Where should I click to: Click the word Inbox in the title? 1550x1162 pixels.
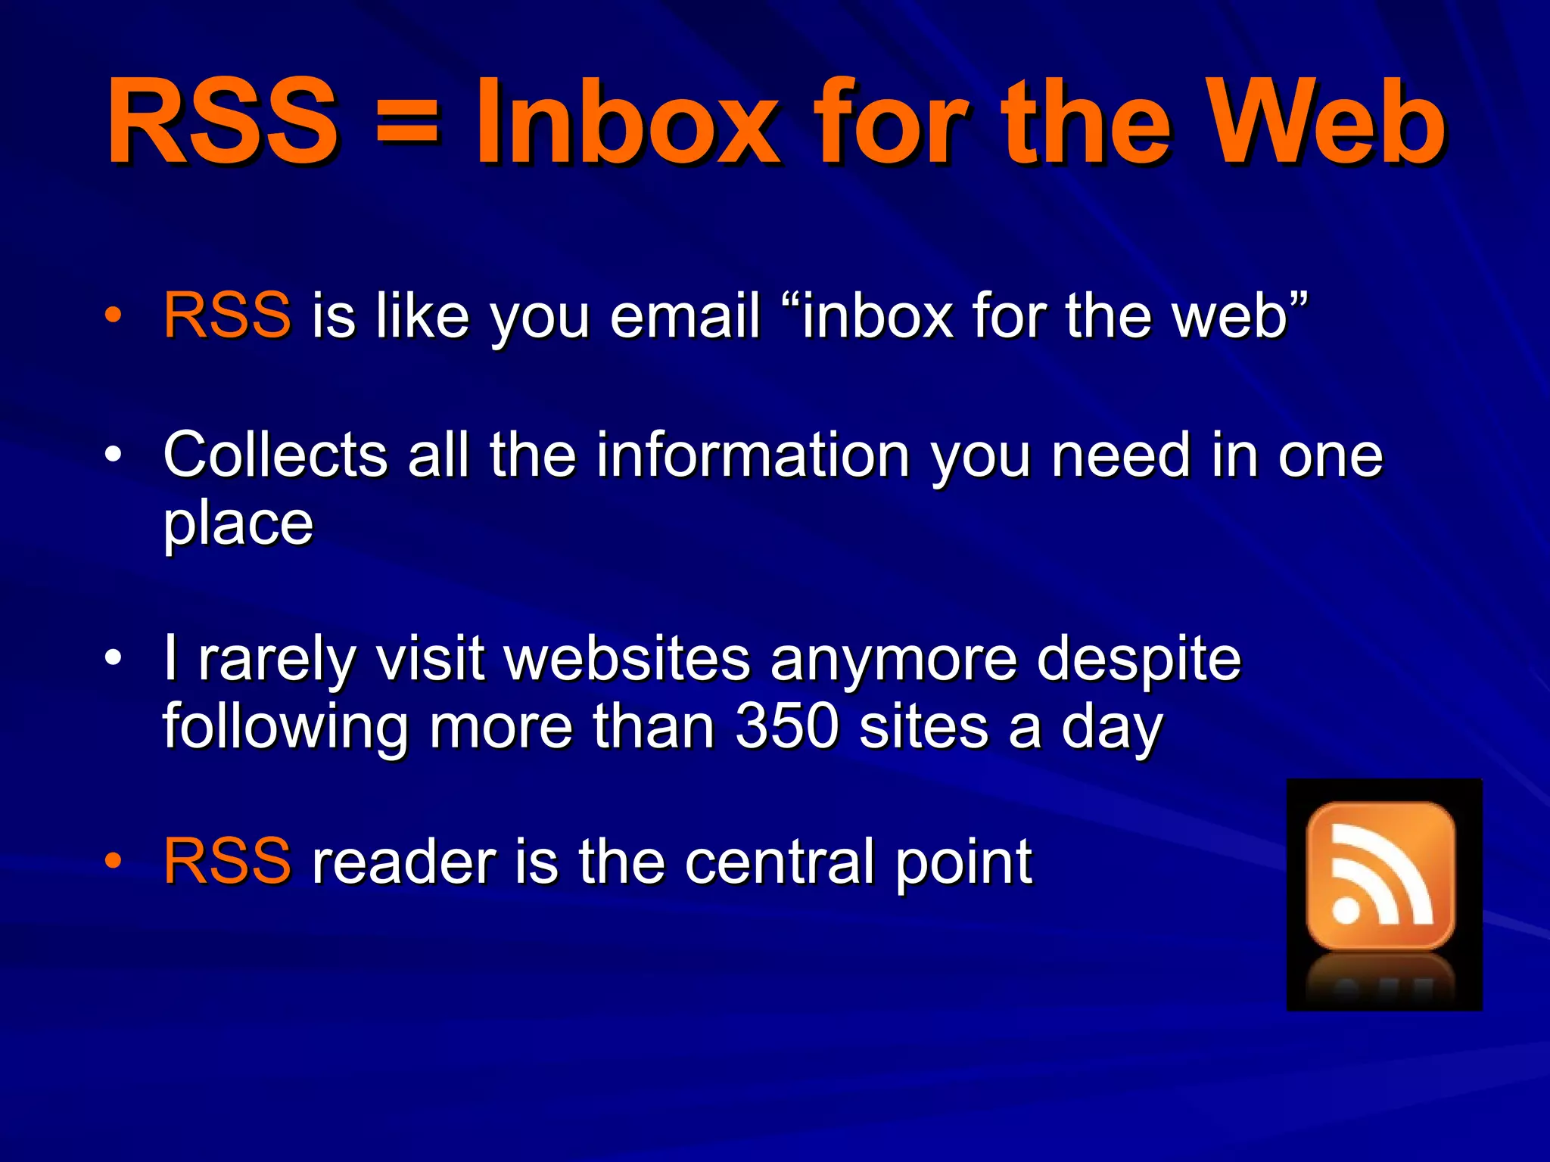pyautogui.click(x=627, y=123)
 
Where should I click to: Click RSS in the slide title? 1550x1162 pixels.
pyautogui.click(x=222, y=123)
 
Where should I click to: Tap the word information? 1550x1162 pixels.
pyautogui.click(x=753, y=455)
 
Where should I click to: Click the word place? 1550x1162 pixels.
pyautogui.click(x=238, y=524)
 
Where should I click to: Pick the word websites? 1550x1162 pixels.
pyautogui.click(x=627, y=659)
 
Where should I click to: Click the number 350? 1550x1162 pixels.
pyautogui.click(x=788, y=727)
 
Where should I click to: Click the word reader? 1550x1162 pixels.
pyautogui.click(x=403, y=862)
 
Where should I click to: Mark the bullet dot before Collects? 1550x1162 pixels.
pyautogui.click(x=113, y=455)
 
